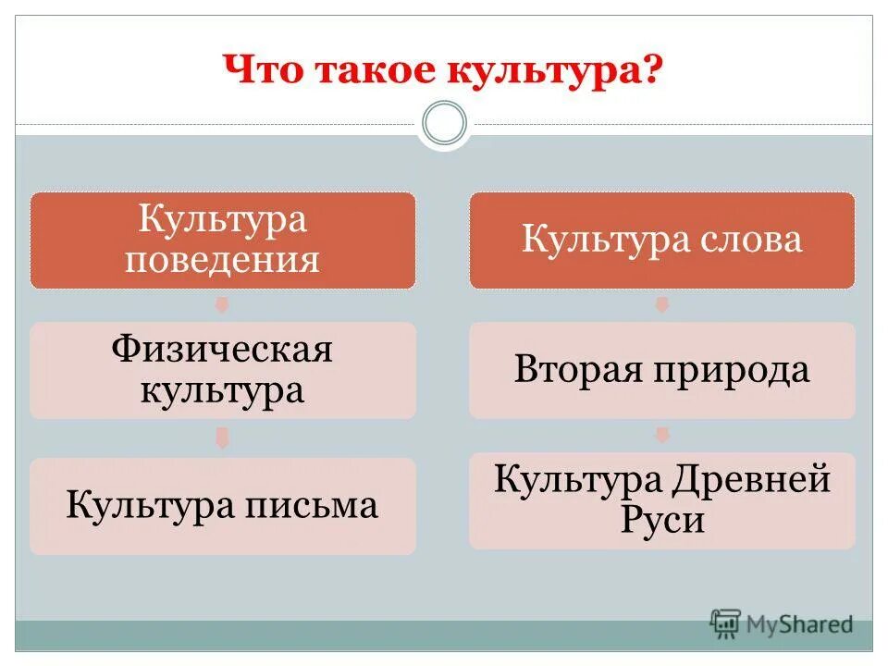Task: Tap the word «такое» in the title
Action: (x=376, y=71)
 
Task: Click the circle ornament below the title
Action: (x=444, y=124)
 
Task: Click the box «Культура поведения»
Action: (x=222, y=240)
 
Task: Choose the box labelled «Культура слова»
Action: (x=661, y=240)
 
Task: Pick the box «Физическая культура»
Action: (x=222, y=370)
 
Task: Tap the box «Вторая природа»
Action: (x=661, y=370)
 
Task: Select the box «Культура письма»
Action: (x=222, y=505)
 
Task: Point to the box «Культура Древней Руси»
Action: (x=661, y=499)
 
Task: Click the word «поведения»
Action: (x=222, y=259)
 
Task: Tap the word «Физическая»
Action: (x=222, y=351)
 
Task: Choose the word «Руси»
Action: (x=661, y=520)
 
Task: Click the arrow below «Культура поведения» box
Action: (x=222, y=304)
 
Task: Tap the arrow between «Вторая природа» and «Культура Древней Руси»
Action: (x=661, y=435)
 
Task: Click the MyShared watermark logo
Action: (x=782, y=624)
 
